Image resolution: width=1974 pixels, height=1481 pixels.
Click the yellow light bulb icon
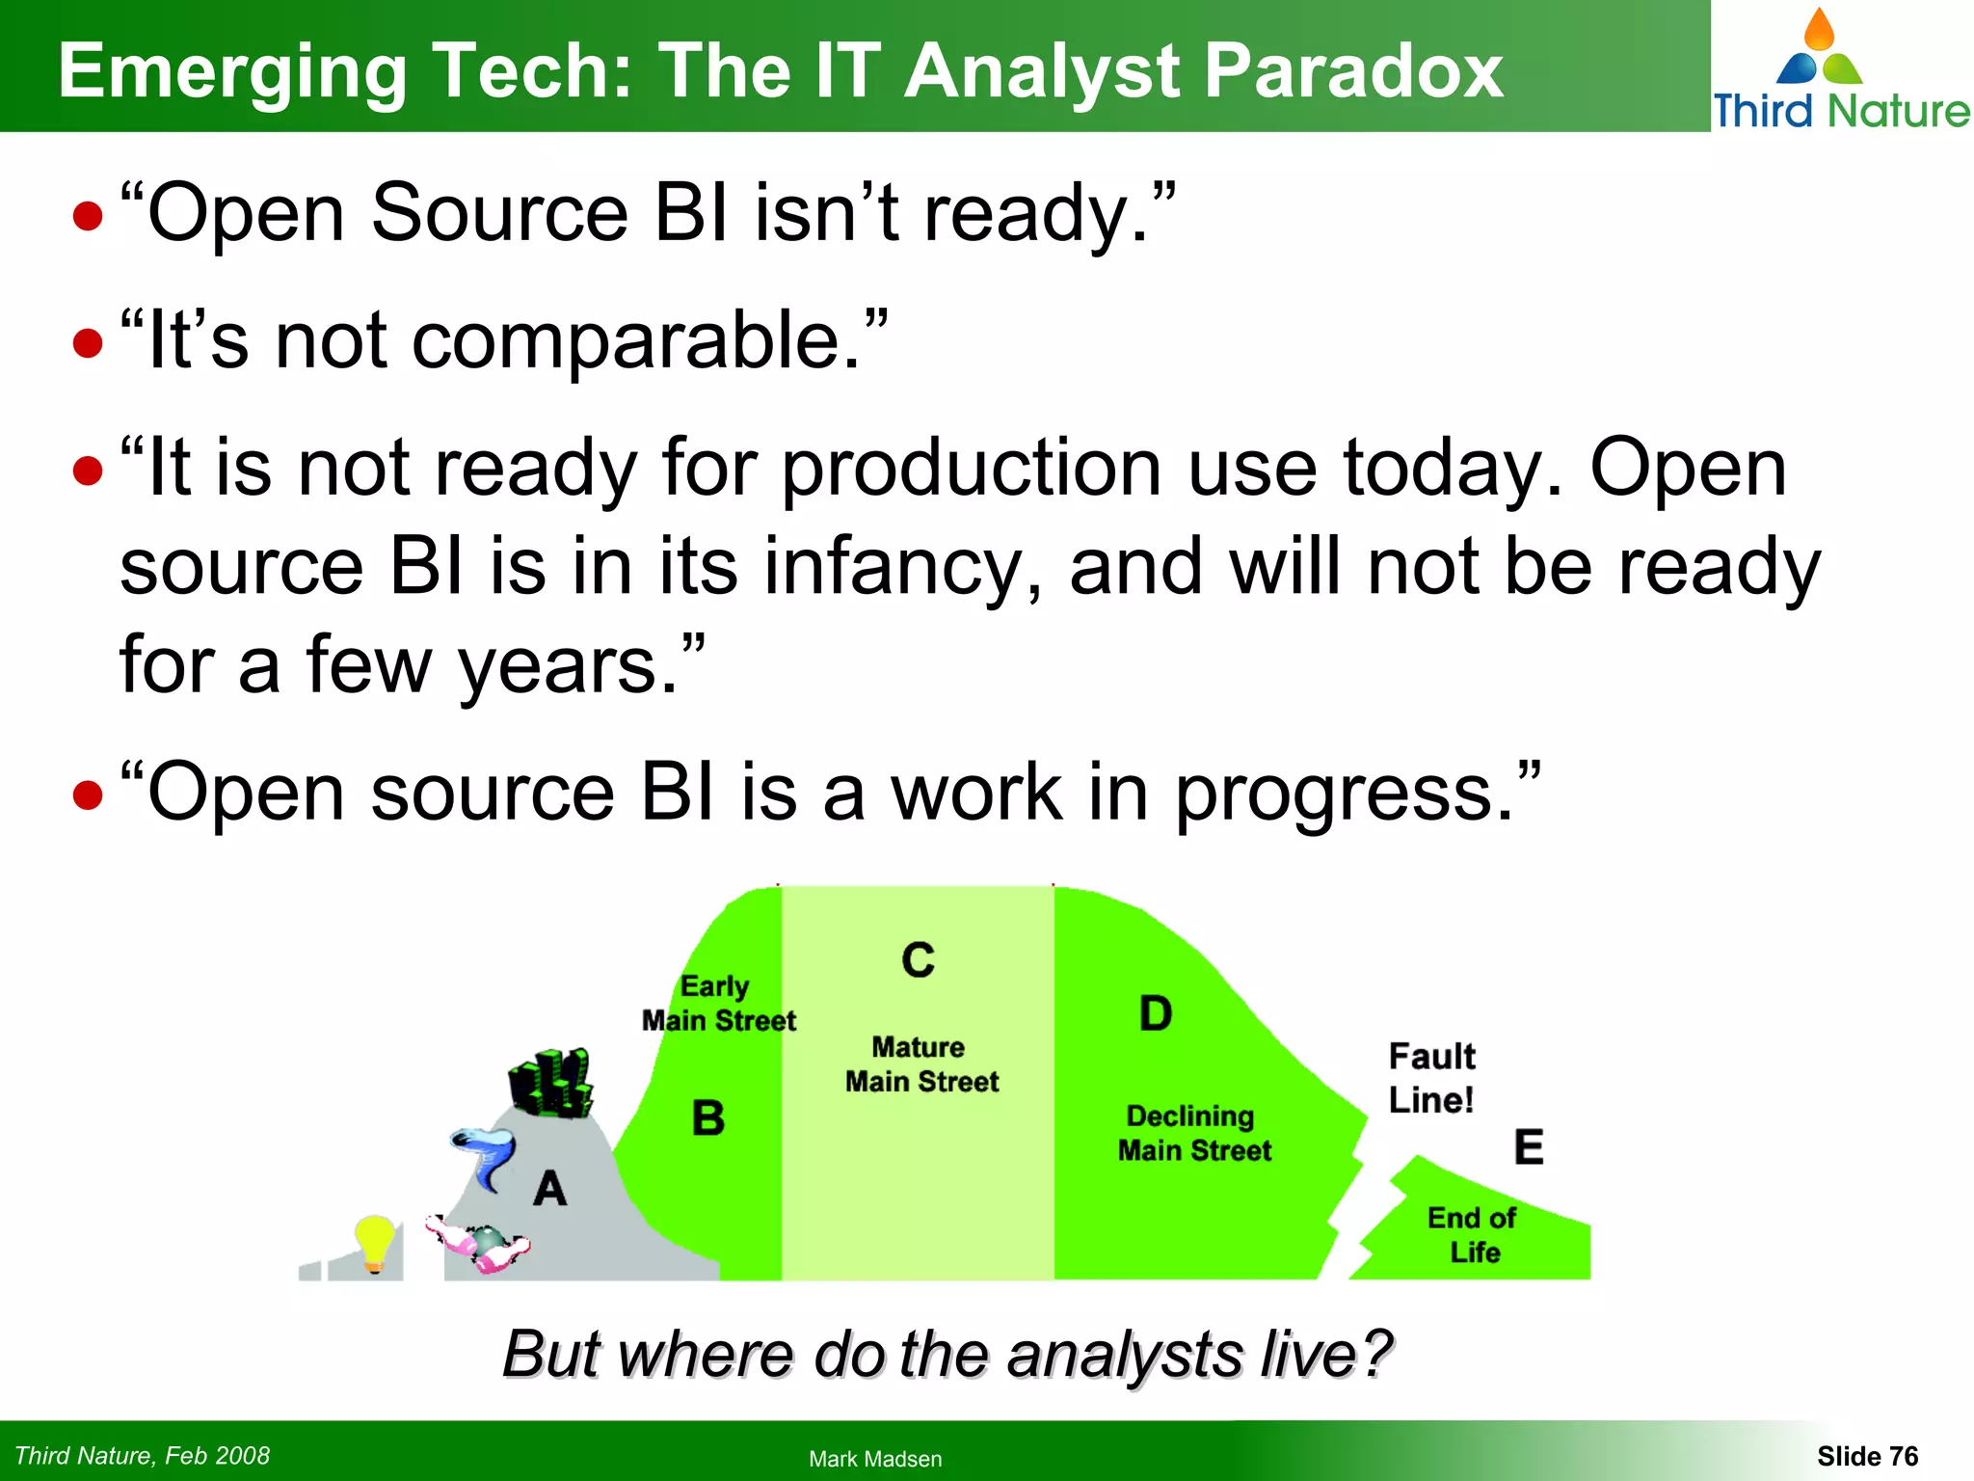pos(374,1243)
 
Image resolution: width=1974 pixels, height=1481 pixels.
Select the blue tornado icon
pos(485,1158)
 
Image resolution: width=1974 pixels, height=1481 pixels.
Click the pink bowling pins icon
pos(479,1243)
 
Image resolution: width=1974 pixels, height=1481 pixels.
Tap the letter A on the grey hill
pos(550,1188)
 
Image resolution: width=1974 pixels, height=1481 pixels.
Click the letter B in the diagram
pos(708,1118)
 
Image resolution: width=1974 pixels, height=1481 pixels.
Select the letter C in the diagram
pos(918,960)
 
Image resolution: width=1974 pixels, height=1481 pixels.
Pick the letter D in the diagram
pos(1156,1014)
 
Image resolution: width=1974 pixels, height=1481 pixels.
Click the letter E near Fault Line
pos(1529,1147)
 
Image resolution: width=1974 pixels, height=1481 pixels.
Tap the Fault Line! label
pos(1431,1078)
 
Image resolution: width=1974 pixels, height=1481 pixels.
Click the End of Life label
pos(1473,1235)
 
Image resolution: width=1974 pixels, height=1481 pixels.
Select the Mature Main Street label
pos(921,1064)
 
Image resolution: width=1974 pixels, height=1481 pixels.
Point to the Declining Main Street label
pos(1193,1133)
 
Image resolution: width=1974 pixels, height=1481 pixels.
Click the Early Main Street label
pos(718,1004)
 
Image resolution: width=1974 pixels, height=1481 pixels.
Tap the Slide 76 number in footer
pos(1867,1456)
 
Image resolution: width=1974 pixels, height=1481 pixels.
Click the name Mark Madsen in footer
pos(874,1459)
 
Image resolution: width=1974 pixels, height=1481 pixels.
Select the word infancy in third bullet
pos(901,569)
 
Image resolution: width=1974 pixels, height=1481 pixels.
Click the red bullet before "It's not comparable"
pos(88,343)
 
